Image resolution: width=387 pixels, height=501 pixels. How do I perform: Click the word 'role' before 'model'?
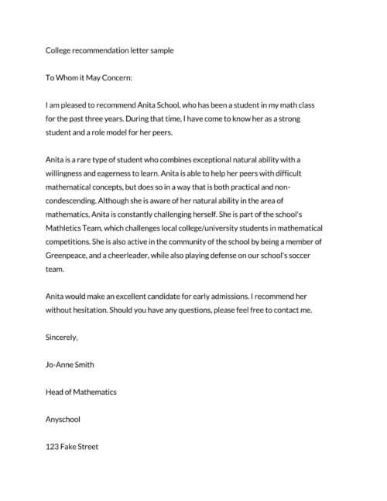[x=105, y=131]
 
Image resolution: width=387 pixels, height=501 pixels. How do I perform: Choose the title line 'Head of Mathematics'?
[x=81, y=392]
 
